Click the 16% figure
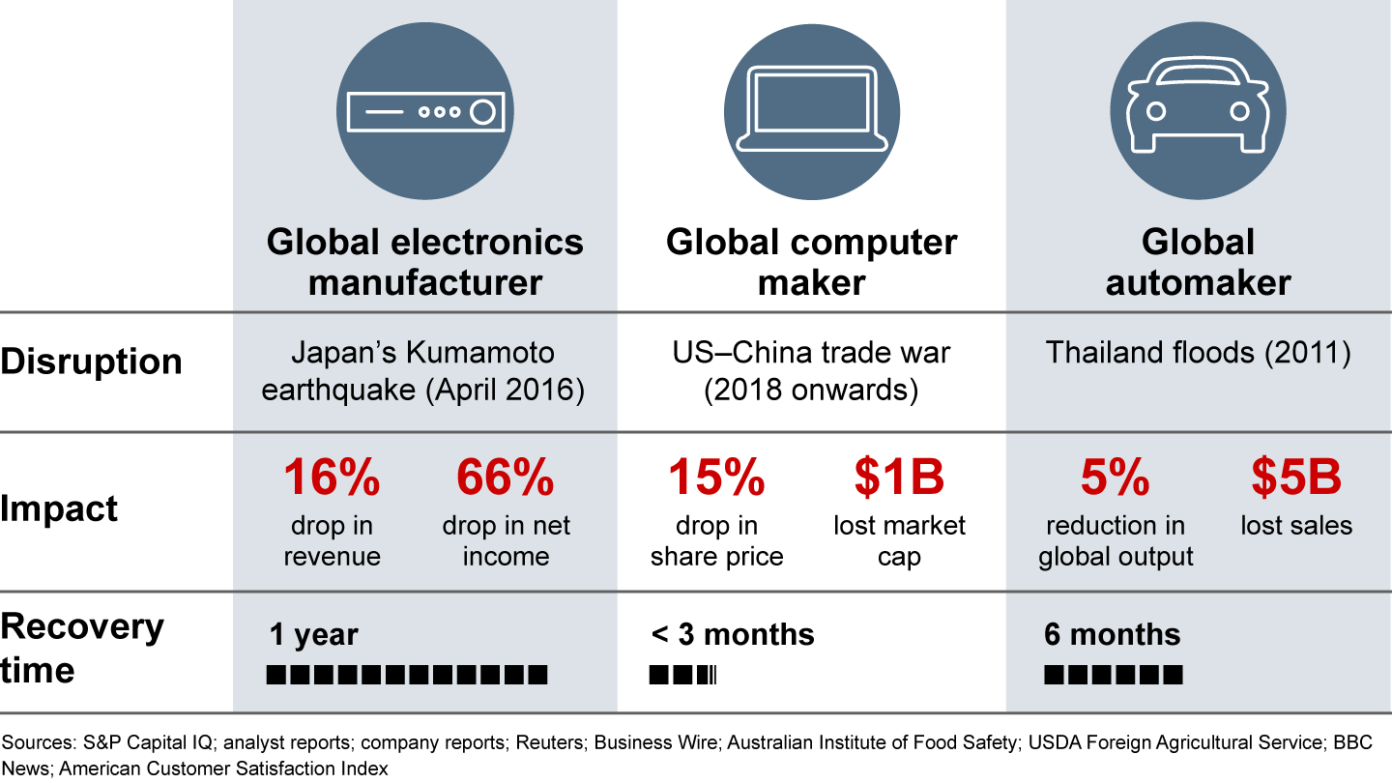click(x=331, y=478)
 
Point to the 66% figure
click(x=505, y=478)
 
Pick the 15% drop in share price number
click(x=716, y=478)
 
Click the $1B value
click(x=898, y=478)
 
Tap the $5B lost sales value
click(x=1295, y=478)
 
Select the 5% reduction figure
click(x=1116, y=478)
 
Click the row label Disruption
click(x=91, y=361)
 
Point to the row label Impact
click(x=59, y=508)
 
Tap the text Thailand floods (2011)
click(x=1198, y=353)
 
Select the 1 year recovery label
click(x=313, y=635)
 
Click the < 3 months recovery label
click(x=733, y=635)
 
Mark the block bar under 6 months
click(x=1113, y=675)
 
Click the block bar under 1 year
click(x=408, y=675)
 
